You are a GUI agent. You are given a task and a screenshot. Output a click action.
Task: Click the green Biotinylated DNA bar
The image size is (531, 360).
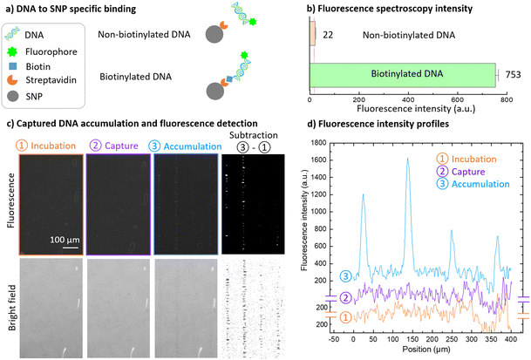tap(402, 76)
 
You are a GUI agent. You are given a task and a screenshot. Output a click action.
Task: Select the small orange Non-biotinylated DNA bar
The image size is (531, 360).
tap(312, 33)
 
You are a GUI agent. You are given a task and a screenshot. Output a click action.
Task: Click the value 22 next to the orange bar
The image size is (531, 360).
tap(329, 33)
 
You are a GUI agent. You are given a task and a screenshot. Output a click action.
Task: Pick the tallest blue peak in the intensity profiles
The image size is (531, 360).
tap(407, 160)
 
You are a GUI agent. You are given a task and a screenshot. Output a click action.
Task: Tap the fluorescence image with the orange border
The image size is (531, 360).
tap(45, 194)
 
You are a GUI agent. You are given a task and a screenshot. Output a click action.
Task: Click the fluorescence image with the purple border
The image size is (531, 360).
tap(115, 194)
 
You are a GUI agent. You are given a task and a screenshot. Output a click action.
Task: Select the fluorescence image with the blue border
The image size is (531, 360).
tap(185, 194)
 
